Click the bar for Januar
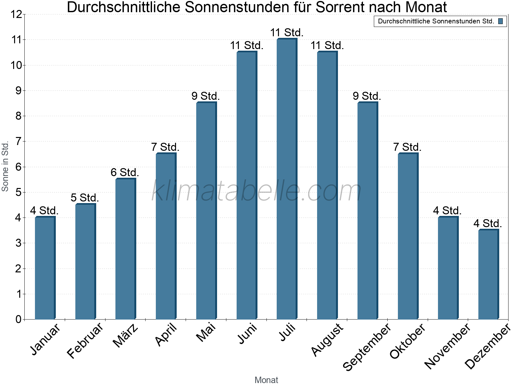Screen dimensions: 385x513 pos(45,268)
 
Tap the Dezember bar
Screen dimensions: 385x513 pos(488,274)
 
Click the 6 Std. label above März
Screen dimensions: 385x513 pos(125,173)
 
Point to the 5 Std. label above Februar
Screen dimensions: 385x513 pos(85,198)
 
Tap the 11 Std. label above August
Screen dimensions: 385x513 pos(327,46)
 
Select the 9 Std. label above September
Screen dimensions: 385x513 pos(367,96)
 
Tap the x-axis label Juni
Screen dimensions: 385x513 pos(247,333)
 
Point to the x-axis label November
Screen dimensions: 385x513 pos(448,346)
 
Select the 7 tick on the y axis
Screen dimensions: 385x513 pos(18,141)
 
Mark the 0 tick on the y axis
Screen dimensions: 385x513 pos(18,319)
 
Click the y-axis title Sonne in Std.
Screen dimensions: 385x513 pos(5,167)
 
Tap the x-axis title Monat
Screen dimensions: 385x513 pos(266,380)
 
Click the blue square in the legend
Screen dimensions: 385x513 pos(500,21)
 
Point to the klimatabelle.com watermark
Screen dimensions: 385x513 pos(256,191)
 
